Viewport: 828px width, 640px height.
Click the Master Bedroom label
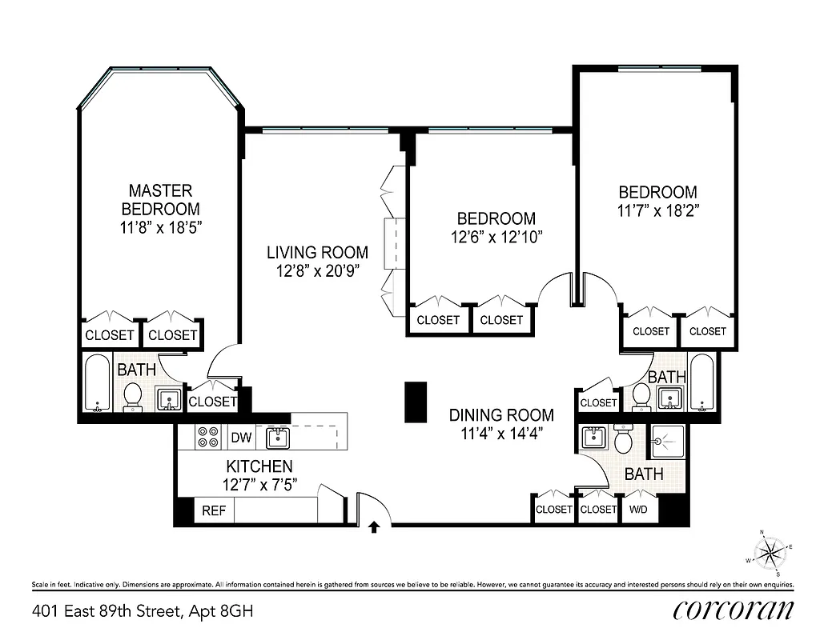(x=160, y=199)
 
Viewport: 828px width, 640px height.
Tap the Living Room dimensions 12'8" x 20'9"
(x=317, y=270)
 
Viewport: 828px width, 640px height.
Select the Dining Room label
(x=501, y=414)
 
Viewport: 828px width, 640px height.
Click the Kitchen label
(x=259, y=466)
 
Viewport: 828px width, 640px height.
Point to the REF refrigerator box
(x=213, y=510)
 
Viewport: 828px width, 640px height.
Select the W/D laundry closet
(x=639, y=509)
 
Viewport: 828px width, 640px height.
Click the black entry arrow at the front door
(x=373, y=526)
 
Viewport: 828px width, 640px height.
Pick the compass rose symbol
(x=773, y=551)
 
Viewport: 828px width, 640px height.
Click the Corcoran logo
(x=734, y=610)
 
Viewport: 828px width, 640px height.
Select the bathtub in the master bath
(x=97, y=382)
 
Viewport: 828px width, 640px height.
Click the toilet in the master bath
(x=133, y=395)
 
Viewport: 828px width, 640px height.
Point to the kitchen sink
(x=278, y=437)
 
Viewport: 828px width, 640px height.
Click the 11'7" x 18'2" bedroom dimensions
(x=657, y=212)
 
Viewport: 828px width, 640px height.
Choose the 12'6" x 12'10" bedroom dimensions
(x=496, y=237)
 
